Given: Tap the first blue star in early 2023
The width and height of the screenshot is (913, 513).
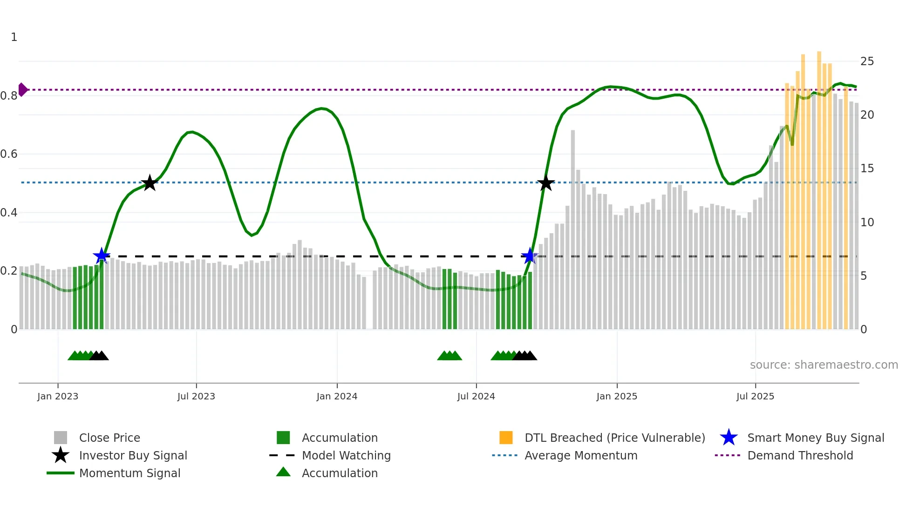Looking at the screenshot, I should tap(102, 256).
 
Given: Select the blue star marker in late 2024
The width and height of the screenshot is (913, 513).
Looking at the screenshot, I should tap(530, 256).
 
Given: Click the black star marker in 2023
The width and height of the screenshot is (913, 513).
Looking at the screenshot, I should tap(150, 183).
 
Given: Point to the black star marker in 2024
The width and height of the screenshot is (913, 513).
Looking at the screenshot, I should tap(546, 183).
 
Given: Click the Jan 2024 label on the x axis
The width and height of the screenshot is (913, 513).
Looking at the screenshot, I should tap(337, 397).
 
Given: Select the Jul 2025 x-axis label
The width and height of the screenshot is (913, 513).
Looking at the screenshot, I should tap(755, 397).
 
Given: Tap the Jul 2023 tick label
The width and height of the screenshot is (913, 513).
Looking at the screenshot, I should tap(196, 397).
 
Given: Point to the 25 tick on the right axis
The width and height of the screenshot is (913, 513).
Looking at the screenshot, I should tap(867, 61).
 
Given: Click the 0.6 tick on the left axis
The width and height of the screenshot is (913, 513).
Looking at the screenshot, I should tap(9, 154).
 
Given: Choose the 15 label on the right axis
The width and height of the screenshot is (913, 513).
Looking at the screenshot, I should tap(867, 169).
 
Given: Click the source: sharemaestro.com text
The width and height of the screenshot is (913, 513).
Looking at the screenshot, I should tap(824, 365).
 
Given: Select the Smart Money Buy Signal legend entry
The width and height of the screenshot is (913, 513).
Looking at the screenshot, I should tap(815, 438).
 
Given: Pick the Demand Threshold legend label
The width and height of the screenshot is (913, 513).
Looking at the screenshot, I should tap(800, 456).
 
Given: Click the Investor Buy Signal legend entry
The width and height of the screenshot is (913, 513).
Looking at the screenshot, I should tap(133, 456).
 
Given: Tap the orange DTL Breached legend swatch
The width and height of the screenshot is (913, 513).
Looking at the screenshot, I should tap(506, 438).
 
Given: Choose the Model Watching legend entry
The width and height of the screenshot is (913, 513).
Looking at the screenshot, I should tap(346, 456).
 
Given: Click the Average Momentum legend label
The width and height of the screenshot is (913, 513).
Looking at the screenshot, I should tap(581, 456).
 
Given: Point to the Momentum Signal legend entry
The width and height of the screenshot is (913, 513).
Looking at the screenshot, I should tap(129, 473).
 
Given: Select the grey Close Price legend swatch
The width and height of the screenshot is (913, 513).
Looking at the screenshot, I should tap(61, 438).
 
